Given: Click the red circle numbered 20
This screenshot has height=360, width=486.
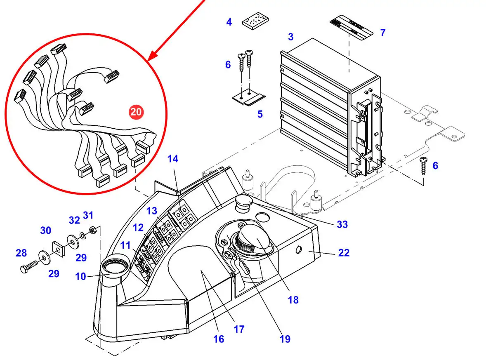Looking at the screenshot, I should (x=136, y=111).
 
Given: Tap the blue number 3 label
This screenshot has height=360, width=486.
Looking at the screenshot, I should (x=291, y=37).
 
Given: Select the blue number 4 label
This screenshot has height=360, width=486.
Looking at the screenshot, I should (x=229, y=22).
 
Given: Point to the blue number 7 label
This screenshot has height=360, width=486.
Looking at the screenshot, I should (x=383, y=33).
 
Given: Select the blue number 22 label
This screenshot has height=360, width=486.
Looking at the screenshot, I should (x=344, y=252).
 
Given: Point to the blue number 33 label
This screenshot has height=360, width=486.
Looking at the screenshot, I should (x=342, y=224).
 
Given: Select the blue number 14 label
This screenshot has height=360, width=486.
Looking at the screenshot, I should (x=173, y=159).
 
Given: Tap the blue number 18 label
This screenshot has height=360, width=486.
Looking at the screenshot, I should (x=293, y=300).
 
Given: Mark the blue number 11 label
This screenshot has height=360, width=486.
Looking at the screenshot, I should (x=125, y=246).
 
